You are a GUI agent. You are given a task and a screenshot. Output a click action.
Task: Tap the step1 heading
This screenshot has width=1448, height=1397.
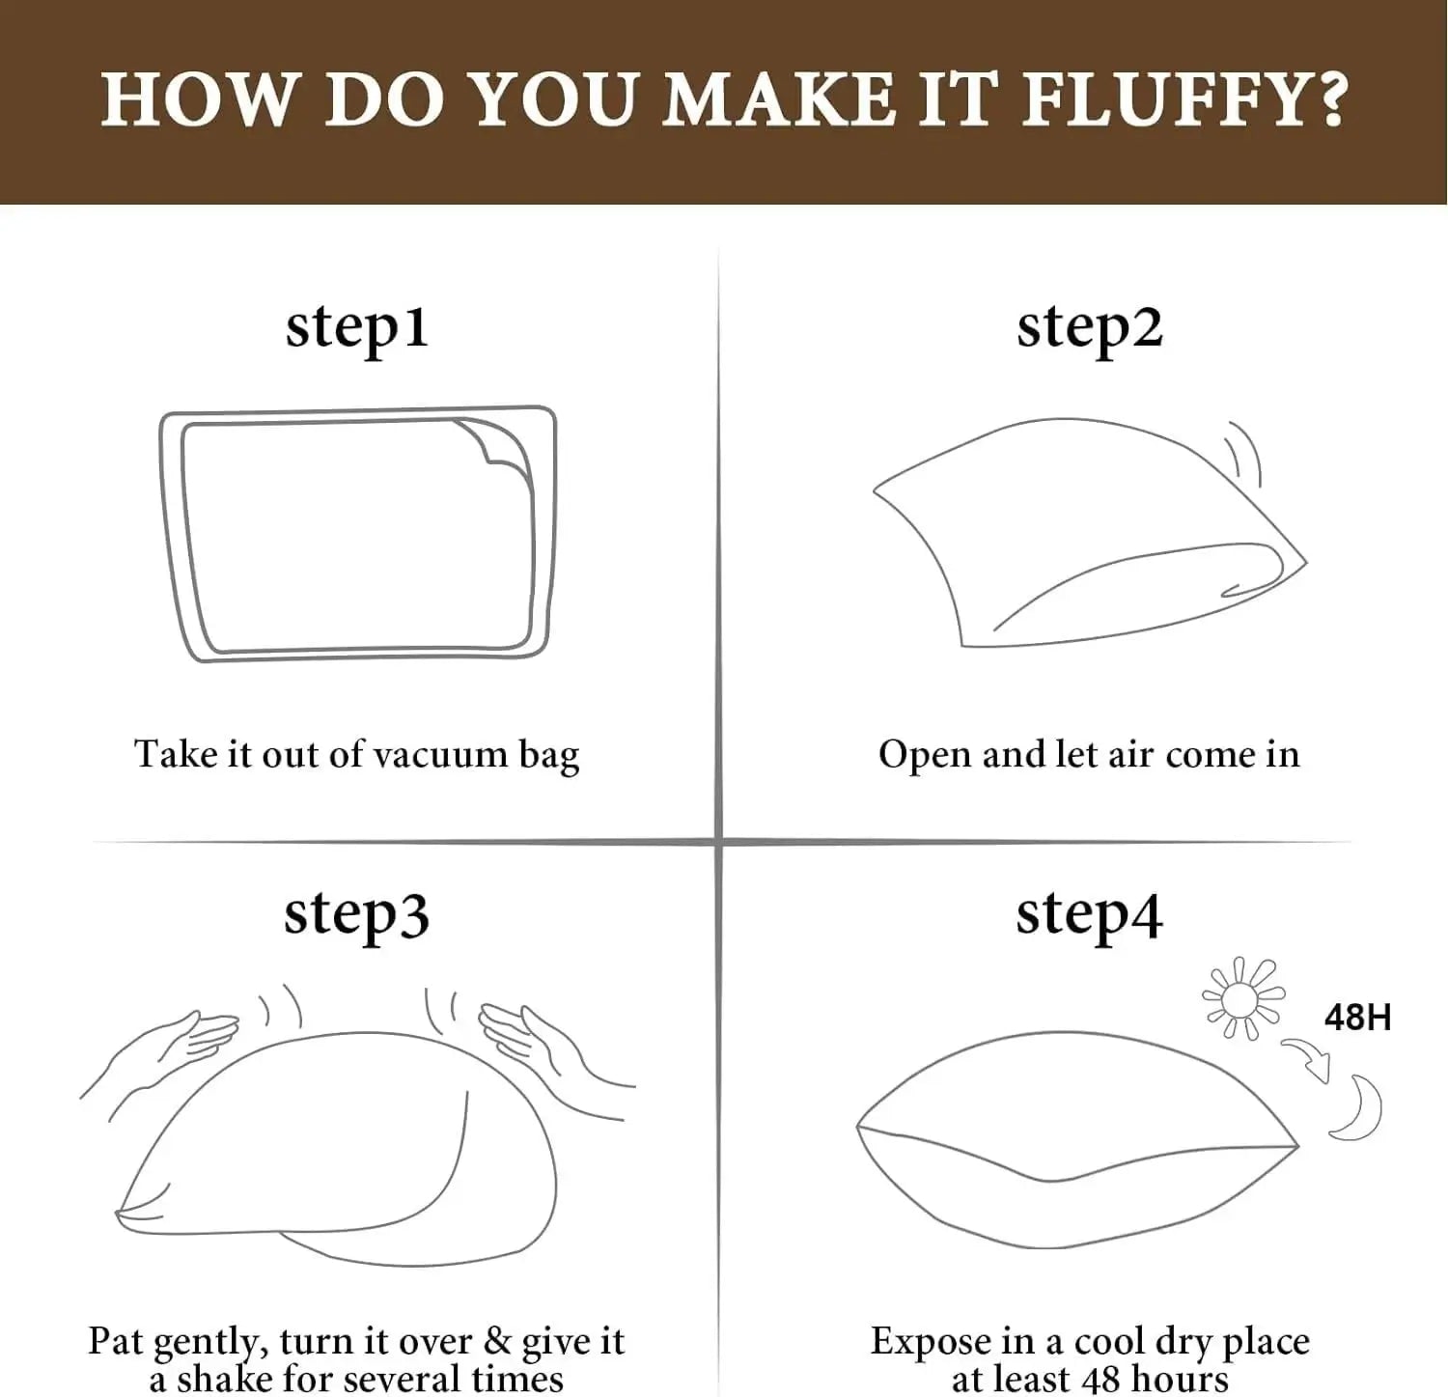356,328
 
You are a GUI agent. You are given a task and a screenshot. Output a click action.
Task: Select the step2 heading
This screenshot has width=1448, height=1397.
1089,328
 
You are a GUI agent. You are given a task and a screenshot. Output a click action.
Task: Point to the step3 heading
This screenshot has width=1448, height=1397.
356,914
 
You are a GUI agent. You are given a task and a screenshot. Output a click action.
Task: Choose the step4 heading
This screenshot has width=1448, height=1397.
1089,914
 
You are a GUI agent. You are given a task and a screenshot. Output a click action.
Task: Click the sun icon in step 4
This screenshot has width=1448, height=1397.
1242,998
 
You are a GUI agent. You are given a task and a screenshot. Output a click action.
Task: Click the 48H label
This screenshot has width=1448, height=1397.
1356,1018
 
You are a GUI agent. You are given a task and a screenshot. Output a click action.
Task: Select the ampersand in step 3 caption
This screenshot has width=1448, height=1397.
496,1341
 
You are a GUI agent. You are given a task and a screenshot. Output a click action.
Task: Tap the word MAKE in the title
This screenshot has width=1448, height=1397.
779,99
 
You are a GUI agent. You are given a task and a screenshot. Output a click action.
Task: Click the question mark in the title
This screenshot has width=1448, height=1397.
1332,99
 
